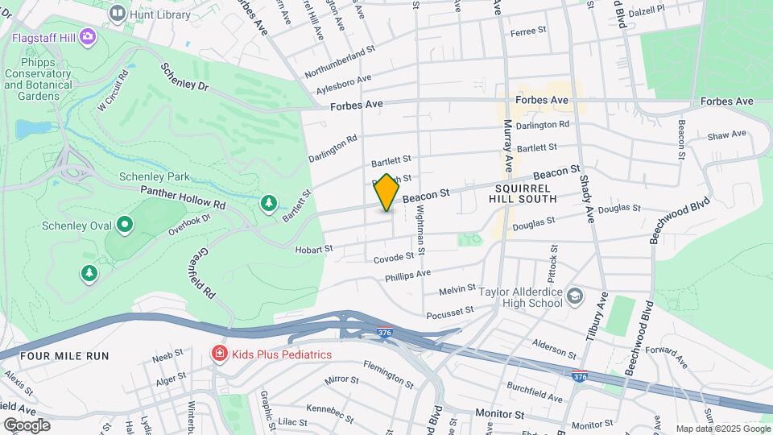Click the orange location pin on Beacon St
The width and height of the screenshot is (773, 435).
click(x=387, y=192)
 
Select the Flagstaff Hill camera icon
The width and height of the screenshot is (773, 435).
click(x=87, y=36)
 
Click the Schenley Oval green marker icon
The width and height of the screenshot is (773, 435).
click(x=124, y=225)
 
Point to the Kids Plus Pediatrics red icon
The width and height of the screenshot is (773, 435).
click(x=218, y=353)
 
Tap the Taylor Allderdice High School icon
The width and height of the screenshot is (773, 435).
click(x=574, y=296)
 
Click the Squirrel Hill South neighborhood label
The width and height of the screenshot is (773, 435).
click(x=523, y=192)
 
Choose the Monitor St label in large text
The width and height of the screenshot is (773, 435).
click(x=499, y=414)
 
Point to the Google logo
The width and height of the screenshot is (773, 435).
click(x=27, y=425)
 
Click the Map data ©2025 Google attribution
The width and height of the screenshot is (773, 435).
click(x=722, y=429)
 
